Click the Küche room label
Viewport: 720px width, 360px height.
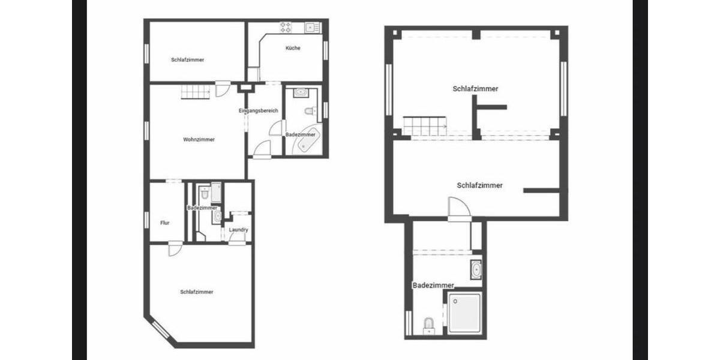point(293,48)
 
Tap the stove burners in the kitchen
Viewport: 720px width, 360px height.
point(286,27)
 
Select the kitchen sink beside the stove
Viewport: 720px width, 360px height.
point(310,27)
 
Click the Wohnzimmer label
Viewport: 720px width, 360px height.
point(199,139)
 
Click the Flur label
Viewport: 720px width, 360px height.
point(164,223)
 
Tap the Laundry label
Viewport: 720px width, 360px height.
point(238,230)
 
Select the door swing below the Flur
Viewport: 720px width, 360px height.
point(174,248)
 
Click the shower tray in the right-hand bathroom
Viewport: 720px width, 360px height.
point(465,313)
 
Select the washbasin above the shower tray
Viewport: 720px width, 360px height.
point(476,269)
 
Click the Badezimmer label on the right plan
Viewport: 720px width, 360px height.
point(433,286)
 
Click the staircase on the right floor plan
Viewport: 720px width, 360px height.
point(424,126)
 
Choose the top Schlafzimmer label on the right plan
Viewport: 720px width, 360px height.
point(475,89)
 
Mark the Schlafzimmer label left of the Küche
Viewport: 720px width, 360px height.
point(187,60)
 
